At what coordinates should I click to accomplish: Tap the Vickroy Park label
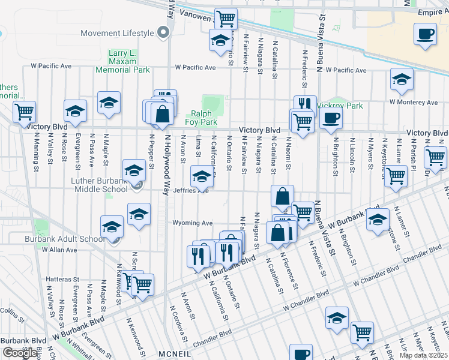(x=343, y=106)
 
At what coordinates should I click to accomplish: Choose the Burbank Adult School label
(x=65, y=239)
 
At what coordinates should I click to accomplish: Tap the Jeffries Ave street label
(x=190, y=191)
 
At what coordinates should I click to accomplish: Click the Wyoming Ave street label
(x=193, y=223)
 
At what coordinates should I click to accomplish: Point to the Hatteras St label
(x=63, y=279)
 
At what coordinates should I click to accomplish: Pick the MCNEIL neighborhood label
(x=175, y=355)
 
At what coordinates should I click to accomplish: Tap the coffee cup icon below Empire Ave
(x=426, y=34)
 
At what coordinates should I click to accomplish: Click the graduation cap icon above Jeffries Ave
(x=202, y=176)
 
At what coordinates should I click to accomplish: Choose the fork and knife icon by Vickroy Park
(x=305, y=104)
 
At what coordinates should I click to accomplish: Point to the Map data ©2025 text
(x=424, y=355)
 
